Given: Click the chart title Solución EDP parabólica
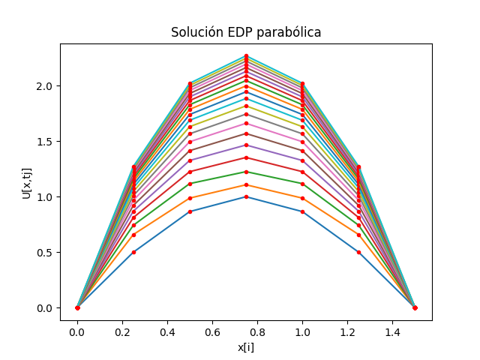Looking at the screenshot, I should coord(246,32).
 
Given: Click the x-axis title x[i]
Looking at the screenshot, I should coord(246,347).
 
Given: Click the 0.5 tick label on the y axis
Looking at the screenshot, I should coord(46,252).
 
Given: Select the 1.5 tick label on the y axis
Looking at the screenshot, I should coord(46,141).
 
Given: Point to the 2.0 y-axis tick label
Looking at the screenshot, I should coord(46,85).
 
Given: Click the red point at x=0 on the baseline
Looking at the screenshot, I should coord(77,307).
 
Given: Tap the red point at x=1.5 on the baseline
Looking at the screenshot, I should coord(415,307).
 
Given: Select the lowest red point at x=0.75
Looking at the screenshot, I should coord(246,196).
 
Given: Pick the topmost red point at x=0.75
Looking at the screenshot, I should coord(246,56).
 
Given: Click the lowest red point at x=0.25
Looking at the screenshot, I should coord(133,252).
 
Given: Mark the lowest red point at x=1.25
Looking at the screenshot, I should coord(358,252).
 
